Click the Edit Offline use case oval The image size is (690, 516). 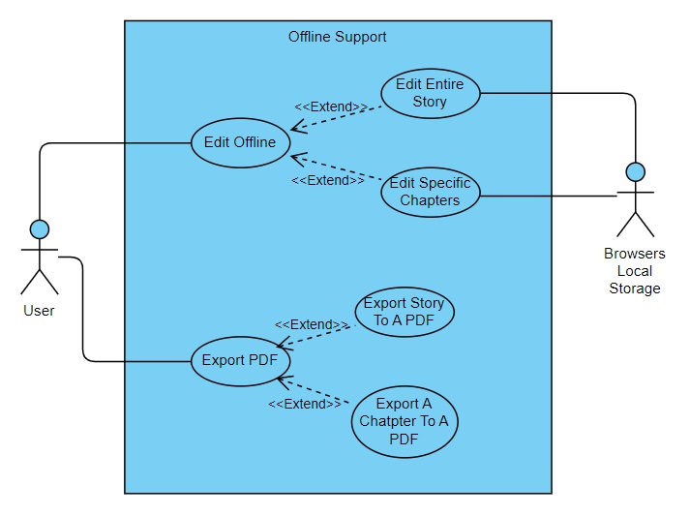point(239,142)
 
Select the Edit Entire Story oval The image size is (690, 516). point(430,93)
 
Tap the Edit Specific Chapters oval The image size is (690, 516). point(430,192)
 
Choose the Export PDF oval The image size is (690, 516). point(239,361)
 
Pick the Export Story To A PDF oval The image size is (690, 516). point(404,312)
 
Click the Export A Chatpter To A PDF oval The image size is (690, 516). point(404,421)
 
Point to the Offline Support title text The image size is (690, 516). point(337,37)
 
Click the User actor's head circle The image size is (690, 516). point(40,229)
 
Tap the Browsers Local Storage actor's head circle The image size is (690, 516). point(635,172)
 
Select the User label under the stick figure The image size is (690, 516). point(40,311)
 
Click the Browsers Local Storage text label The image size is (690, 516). point(635,270)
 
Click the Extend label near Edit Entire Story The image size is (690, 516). point(331,107)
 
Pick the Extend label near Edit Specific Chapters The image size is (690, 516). point(328,180)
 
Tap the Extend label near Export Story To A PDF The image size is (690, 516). point(312,325)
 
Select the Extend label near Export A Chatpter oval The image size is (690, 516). point(305,404)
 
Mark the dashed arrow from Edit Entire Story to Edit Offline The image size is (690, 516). point(339,117)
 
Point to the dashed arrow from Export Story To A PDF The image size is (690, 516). point(315,335)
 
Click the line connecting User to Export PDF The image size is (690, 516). point(84,319)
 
